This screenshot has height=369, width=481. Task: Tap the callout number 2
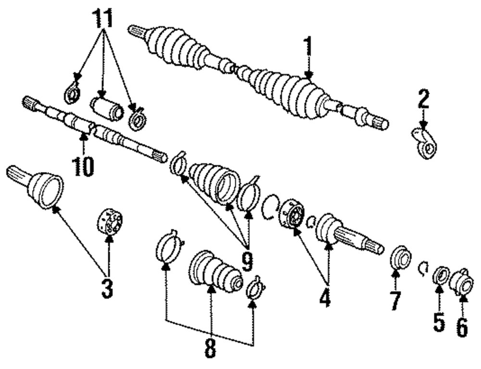click(423, 100)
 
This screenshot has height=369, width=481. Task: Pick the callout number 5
click(439, 322)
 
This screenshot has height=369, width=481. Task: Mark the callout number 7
click(395, 301)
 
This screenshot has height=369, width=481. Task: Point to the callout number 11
click(102, 19)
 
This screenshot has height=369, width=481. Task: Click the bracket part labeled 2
click(425, 144)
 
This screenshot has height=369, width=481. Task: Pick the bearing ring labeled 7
click(400, 257)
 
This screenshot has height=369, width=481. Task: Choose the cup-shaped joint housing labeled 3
click(43, 188)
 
